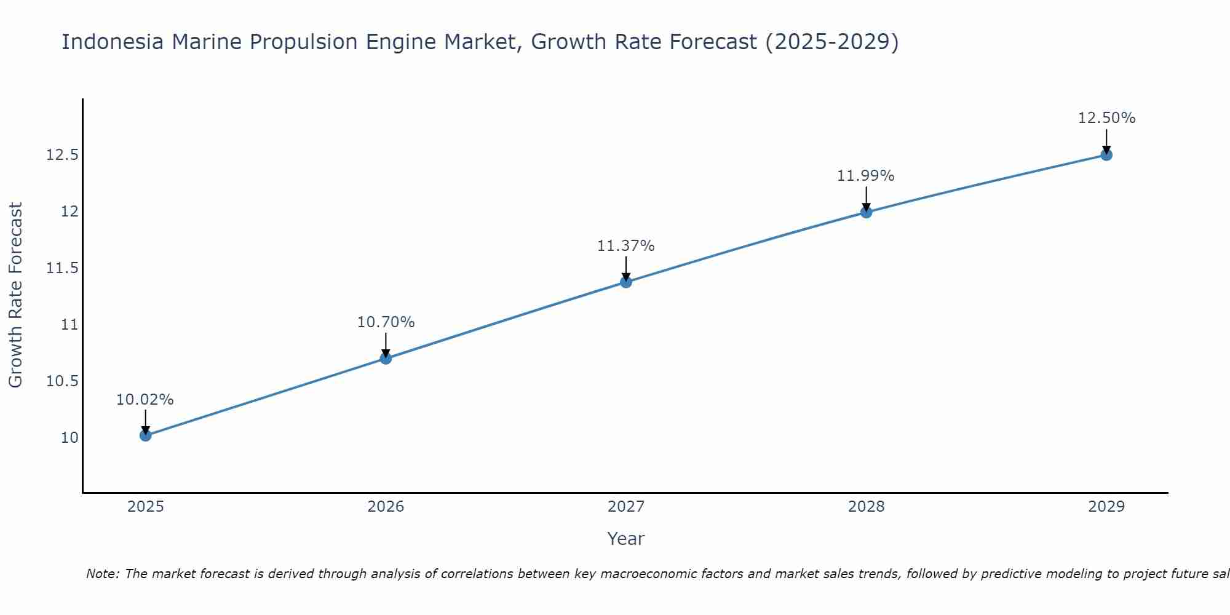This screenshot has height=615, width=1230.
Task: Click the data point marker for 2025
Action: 145,435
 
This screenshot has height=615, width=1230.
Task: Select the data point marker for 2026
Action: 386,359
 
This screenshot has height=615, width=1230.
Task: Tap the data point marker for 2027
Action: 626,282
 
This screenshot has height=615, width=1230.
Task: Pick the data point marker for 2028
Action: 866,212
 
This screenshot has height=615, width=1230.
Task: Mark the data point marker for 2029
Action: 1106,155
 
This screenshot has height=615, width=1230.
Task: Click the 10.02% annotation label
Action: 145,400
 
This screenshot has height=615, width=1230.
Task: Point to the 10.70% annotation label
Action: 386,322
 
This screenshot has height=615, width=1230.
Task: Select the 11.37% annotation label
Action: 626,246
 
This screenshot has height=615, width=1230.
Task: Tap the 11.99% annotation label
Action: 866,176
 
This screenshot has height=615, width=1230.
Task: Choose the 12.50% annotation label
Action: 1106,118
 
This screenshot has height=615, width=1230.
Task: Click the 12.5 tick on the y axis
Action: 62,155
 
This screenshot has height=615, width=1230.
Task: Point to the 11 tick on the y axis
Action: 69,325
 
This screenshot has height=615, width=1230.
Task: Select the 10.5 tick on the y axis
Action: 62,381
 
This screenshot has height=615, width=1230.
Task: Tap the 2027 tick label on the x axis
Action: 626,507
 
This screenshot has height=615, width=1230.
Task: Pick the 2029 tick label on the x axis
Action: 1106,507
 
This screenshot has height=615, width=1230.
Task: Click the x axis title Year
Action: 626,539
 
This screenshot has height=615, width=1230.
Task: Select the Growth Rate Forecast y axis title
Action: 16,295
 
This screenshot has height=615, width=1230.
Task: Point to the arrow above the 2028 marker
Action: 866,199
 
